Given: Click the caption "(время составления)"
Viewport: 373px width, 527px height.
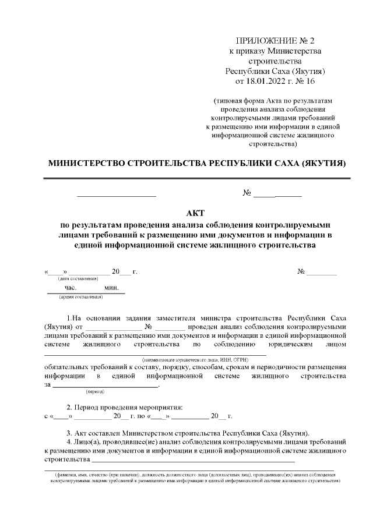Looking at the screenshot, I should [x=80, y=297].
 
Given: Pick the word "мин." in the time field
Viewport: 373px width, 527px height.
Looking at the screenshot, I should [x=111, y=288].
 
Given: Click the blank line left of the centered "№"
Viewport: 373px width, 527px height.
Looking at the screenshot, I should [x=117, y=193].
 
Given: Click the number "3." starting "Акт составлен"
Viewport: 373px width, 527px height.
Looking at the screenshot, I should [x=69, y=433].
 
